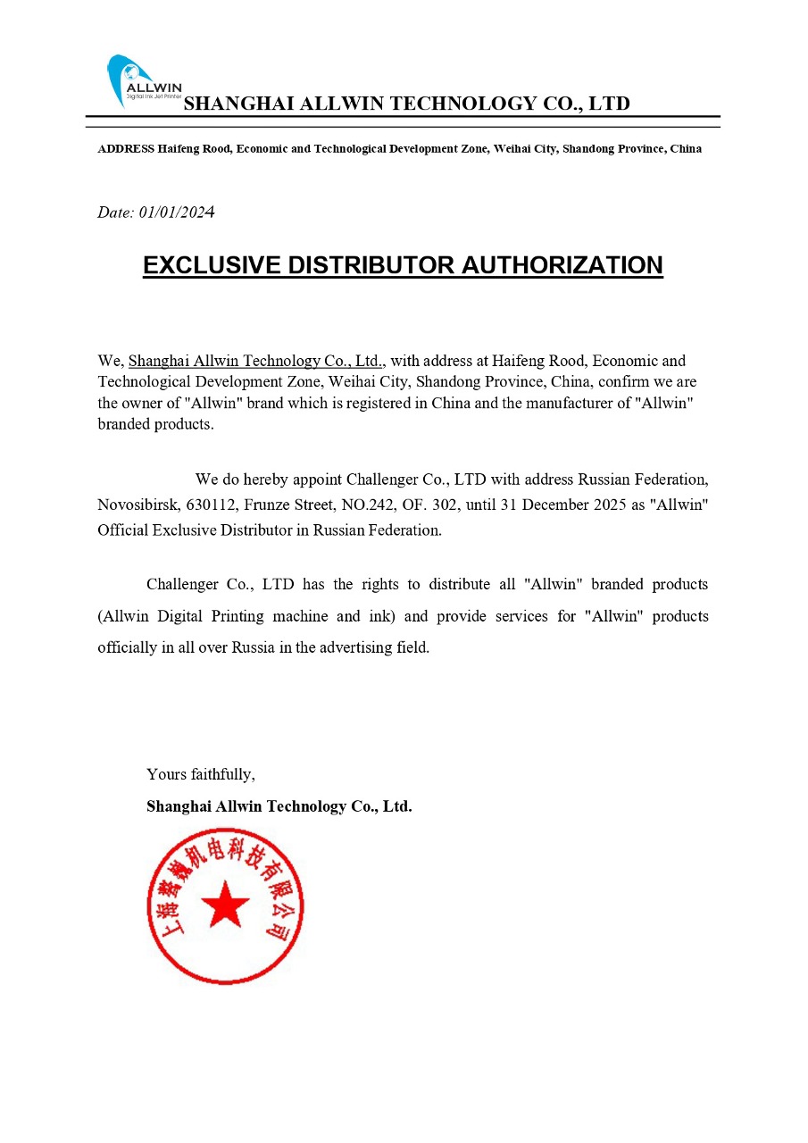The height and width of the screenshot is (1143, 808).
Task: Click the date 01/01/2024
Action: click(x=177, y=213)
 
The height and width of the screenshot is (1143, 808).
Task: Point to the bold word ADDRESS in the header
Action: click(x=126, y=149)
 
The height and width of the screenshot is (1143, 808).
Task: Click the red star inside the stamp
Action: click(x=225, y=905)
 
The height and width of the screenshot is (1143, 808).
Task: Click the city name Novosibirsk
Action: click(x=139, y=505)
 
